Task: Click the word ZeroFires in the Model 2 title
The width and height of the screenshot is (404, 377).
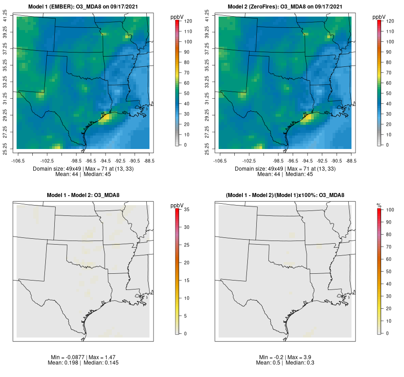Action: [264, 7]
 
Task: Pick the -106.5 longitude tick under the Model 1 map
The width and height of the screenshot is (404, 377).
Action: [18, 160]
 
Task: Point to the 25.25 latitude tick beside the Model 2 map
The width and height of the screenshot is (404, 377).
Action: [207, 148]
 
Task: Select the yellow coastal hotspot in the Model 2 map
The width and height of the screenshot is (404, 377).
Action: [307, 118]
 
